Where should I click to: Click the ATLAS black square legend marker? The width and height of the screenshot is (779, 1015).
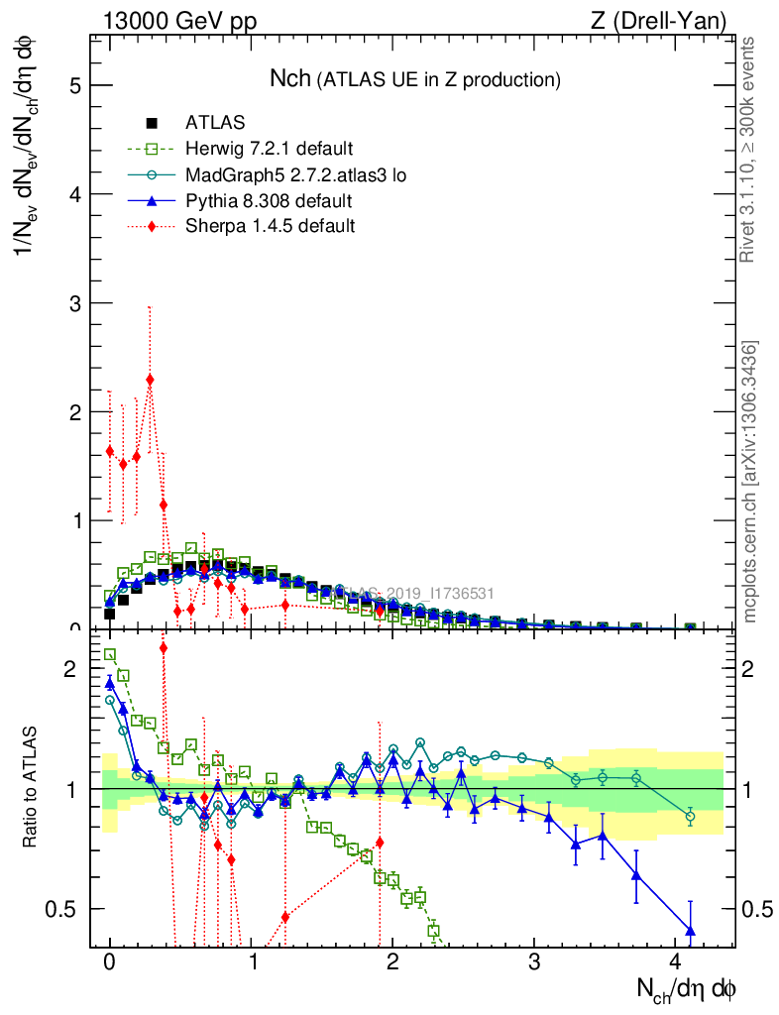pyautogui.click(x=152, y=123)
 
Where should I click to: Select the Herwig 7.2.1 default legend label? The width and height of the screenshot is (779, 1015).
pyautogui.click(x=269, y=150)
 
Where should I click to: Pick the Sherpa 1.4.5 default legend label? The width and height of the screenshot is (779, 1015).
pyautogui.click(x=270, y=226)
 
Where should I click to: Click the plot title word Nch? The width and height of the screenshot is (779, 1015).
pyautogui.click(x=291, y=78)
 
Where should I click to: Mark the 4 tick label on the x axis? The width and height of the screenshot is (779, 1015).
pyautogui.click(x=676, y=962)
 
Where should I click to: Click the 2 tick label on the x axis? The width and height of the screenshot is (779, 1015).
pyautogui.click(x=393, y=962)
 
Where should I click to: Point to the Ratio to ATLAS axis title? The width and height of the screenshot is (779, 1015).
pyautogui.click(x=31, y=789)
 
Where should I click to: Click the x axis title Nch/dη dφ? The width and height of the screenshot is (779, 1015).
pyautogui.click(x=686, y=988)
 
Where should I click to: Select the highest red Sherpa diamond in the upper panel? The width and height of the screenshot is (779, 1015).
pyautogui.click(x=150, y=380)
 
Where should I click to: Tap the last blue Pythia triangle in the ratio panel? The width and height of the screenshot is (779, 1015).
pyautogui.click(x=690, y=930)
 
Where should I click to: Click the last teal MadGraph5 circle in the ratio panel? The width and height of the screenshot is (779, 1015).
pyautogui.click(x=690, y=817)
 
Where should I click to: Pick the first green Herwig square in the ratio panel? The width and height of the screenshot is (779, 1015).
pyautogui.click(x=110, y=654)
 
